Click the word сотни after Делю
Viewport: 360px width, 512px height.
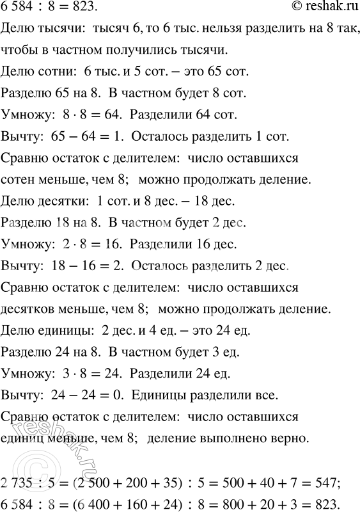pos(54,71)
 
